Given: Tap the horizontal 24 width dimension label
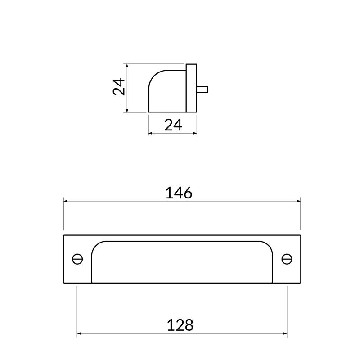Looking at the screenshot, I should click(x=173, y=125).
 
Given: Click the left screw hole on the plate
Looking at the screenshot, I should click(x=77, y=259).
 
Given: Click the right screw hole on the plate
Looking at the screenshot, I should click(x=287, y=259).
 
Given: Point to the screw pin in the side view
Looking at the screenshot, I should click(x=202, y=89).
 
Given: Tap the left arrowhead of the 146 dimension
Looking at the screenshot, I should click(x=66, y=201).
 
